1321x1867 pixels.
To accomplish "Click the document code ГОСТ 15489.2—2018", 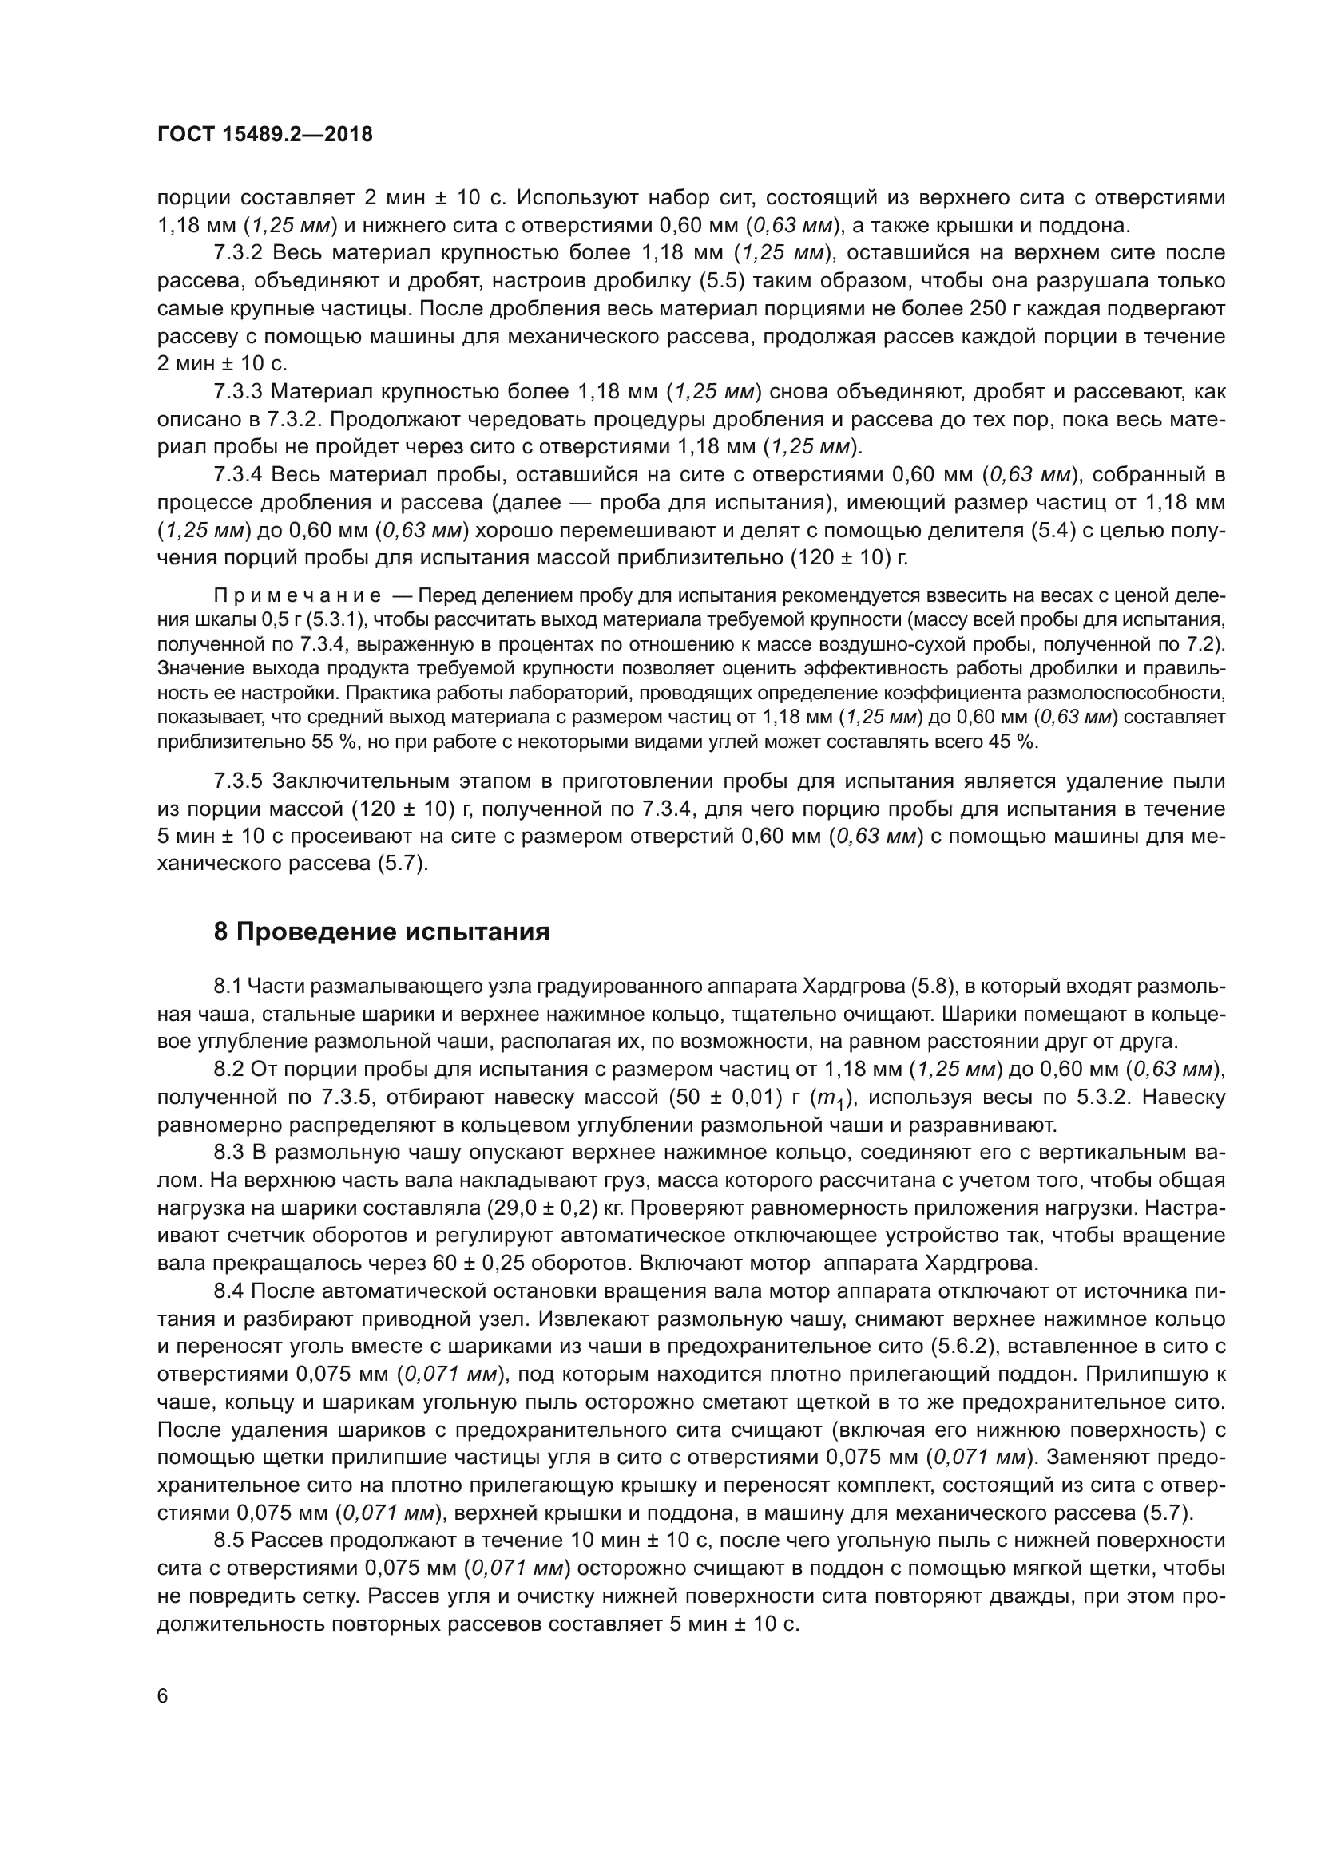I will pyautogui.click(x=264, y=134).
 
